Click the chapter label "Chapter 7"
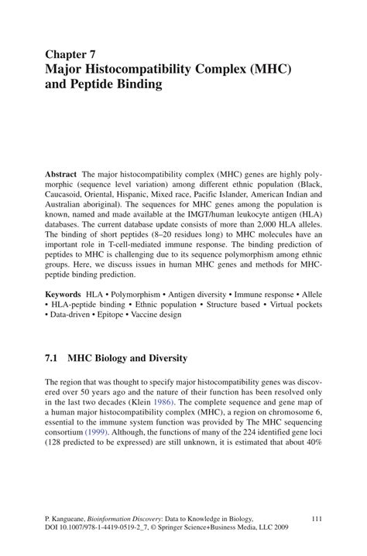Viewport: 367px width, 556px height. [x=70, y=55]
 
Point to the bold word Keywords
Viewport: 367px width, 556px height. [x=63, y=295]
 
